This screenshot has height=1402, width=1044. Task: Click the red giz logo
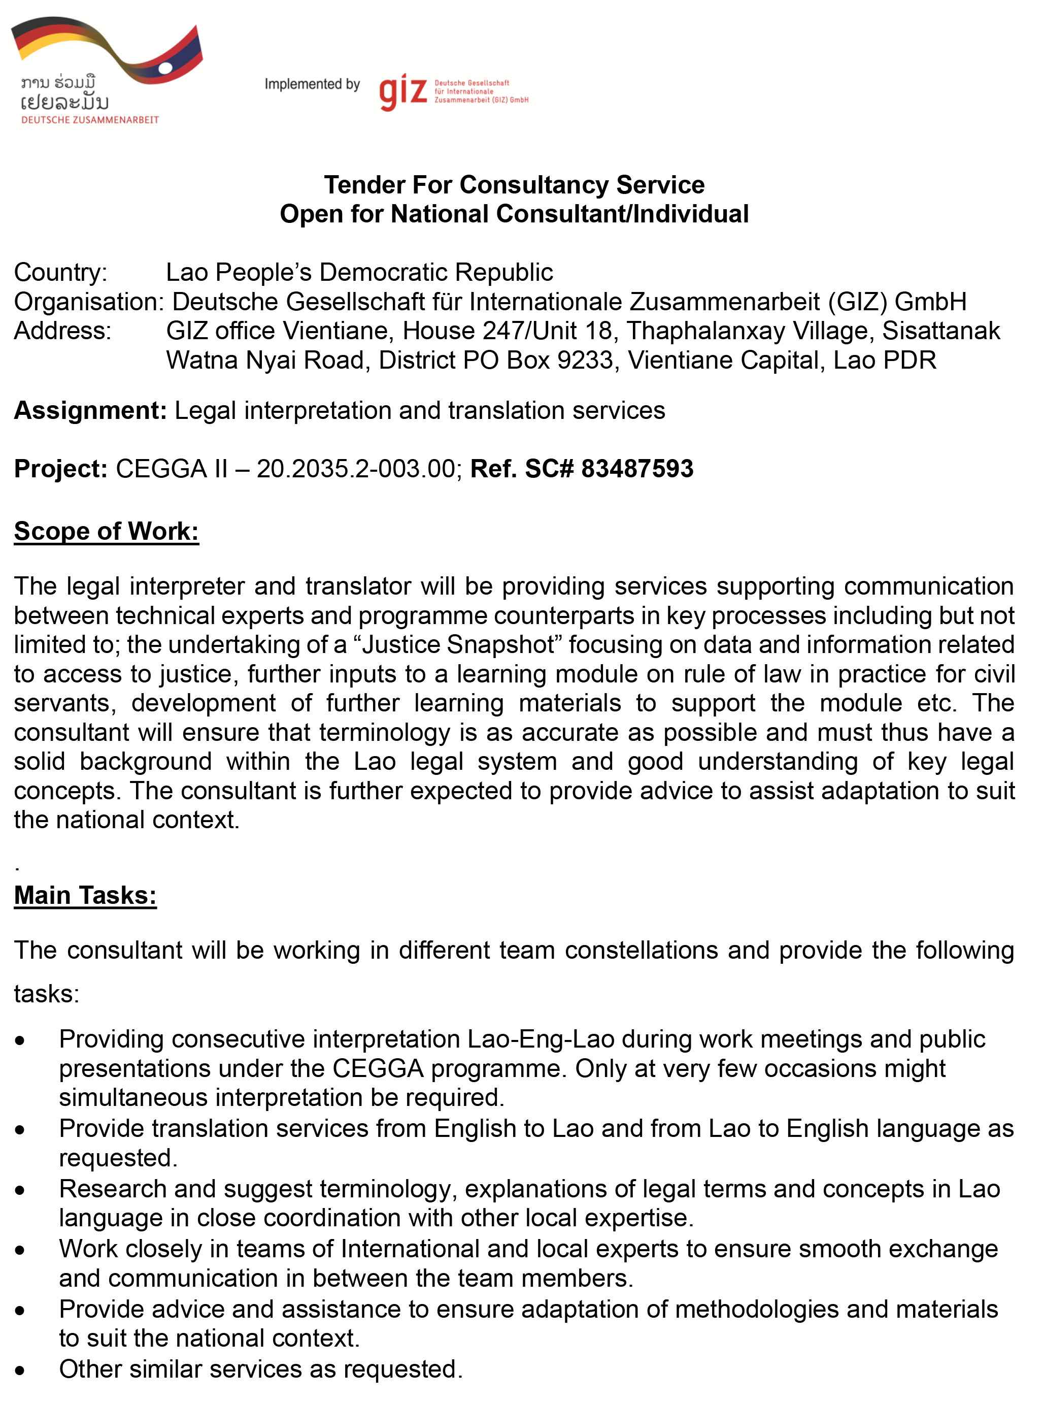(402, 92)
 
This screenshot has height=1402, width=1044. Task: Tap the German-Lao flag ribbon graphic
(108, 51)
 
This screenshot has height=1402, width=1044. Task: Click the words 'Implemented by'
(312, 84)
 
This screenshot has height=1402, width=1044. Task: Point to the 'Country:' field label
(61, 273)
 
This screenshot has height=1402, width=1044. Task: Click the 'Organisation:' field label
(88, 302)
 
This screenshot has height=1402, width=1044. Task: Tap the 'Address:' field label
(62, 331)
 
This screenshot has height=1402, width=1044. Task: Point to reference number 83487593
(637, 468)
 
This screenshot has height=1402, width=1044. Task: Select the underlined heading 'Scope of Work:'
(106, 531)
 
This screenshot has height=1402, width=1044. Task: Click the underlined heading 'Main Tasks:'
(85, 895)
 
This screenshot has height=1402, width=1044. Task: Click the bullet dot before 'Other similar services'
(21, 1370)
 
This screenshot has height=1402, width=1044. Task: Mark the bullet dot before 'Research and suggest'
(21, 1190)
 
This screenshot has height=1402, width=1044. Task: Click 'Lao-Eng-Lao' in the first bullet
(541, 1039)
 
